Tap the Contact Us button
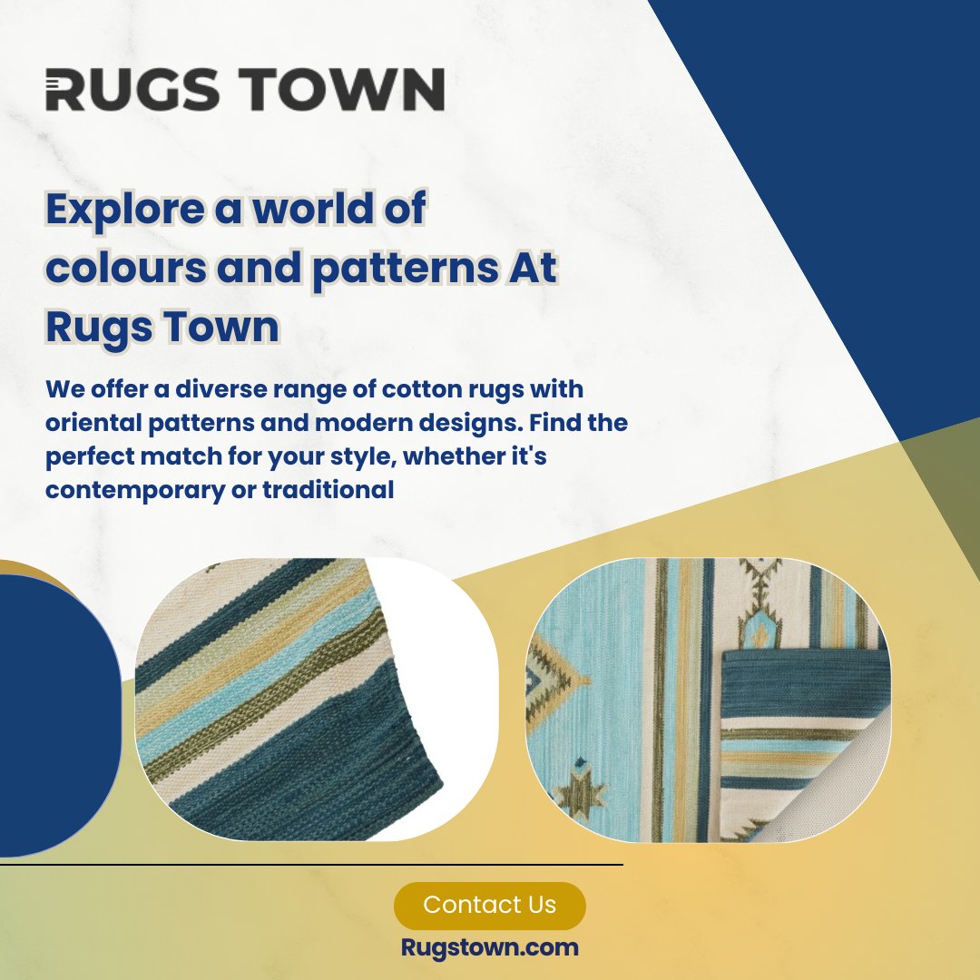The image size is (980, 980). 489,905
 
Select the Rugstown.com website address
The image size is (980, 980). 489,948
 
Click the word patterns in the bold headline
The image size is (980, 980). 403,269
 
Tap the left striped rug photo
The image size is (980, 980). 290,699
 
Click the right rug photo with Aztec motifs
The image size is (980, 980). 708,699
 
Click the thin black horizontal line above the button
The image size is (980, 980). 309,865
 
